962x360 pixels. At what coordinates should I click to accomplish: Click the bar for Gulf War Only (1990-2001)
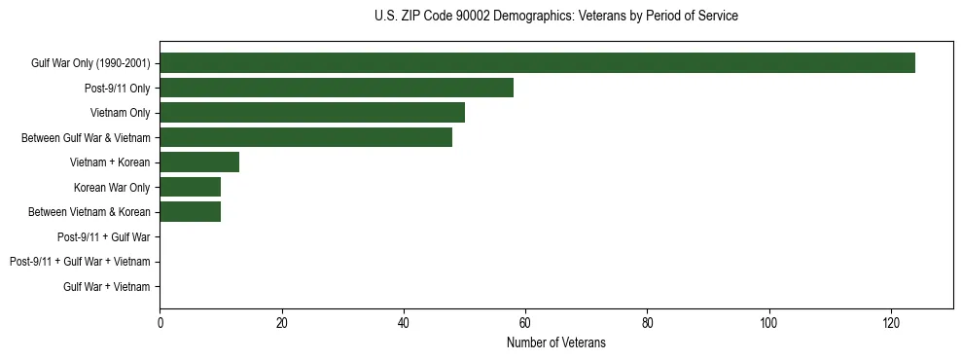(x=537, y=63)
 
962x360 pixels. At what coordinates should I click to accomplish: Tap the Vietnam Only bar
(x=312, y=113)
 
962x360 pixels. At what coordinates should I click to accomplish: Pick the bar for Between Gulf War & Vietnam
(x=305, y=138)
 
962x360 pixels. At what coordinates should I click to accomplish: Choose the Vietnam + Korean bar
(x=199, y=162)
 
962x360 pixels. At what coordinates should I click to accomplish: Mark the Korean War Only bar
(x=191, y=187)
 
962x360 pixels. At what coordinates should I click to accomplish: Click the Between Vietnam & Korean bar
(x=191, y=212)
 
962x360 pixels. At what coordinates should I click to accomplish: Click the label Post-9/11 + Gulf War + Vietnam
(x=80, y=262)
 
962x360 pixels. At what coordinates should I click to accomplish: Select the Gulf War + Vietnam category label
(x=107, y=287)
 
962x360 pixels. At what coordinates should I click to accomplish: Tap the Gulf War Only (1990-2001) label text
(x=90, y=64)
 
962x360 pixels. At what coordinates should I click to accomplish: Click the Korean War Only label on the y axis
(x=112, y=188)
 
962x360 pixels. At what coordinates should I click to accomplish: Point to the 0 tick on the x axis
(x=160, y=322)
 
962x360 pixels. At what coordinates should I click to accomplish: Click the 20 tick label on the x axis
(x=281, y=322)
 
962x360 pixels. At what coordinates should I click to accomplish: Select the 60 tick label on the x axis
(x=525, y=322)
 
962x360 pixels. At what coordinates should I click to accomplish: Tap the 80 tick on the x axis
(x=647, y=322)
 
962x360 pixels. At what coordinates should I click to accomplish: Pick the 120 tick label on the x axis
(x=891, y=322)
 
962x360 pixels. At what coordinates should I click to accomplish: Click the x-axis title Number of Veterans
(x=555, y=342)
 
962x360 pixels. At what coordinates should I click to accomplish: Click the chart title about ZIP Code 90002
(x=555, y=17)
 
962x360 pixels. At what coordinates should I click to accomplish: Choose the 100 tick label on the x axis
(x=769, y=322)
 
